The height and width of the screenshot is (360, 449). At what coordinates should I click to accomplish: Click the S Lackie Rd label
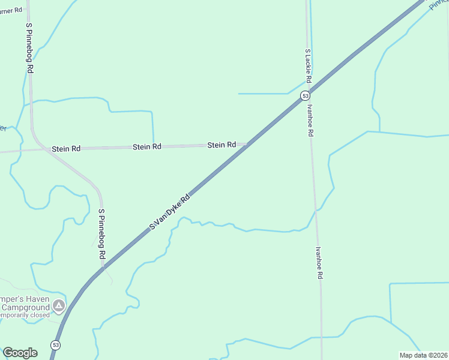click(x=308, y=66)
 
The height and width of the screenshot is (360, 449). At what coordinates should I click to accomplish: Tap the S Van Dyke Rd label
click(x=170, y=211)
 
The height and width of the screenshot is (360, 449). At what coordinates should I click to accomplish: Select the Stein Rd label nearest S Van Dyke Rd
click(x=221, y=145)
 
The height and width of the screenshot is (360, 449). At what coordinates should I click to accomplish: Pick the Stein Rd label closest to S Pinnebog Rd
click(x=66, y=148)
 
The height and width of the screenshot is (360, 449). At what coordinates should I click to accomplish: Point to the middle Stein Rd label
click(x=147, y=146)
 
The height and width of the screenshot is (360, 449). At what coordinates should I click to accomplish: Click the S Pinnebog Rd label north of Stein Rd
click(x=29, y=48)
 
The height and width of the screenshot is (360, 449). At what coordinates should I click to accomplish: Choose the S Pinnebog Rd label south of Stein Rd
click(x=102, y=234)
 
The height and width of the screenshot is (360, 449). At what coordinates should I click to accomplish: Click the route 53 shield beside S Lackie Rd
click(x=306, y=96)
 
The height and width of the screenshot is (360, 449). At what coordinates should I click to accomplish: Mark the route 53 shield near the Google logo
click(x=56, y=345)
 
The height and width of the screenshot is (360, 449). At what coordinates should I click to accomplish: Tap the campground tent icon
click(x=59, y=307)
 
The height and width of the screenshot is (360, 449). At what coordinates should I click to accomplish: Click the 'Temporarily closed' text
click(x=24, y=315)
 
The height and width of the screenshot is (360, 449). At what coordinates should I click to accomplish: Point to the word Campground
click(x=27, y=307)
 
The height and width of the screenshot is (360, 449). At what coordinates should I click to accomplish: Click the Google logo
click(x=20, y=353)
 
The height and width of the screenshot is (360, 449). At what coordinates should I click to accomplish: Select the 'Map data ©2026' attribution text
click(x=423, y=355)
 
